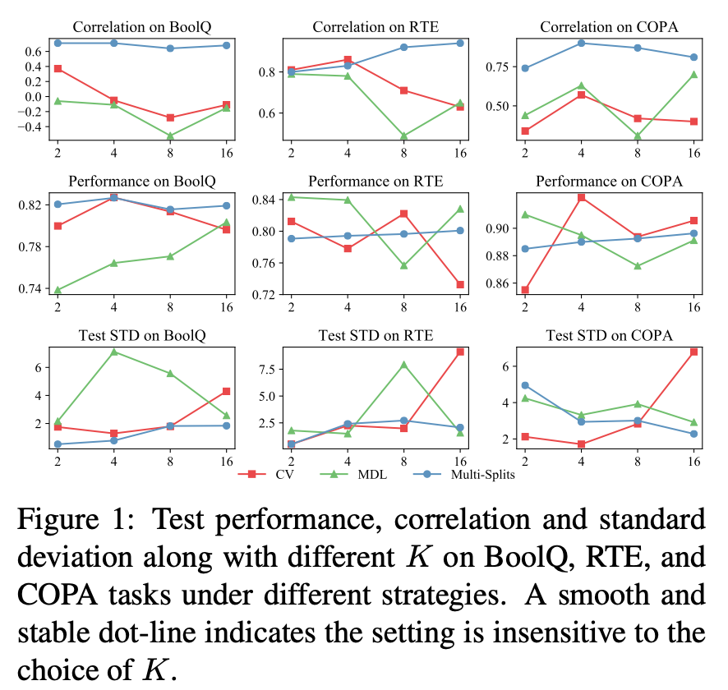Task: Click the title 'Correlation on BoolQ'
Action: tap(142, 27)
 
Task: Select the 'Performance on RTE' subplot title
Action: tap(375, 181)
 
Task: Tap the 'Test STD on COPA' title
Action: tap(609, 335)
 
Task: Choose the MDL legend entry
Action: tap(362, 474)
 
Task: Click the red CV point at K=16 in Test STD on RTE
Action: tap(460, 352)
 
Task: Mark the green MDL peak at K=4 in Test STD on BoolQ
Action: tap(113, 352)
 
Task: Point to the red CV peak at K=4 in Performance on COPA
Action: tap(581, 197)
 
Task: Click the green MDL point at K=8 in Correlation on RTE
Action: tap(403, 136)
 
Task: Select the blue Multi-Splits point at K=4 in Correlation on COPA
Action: tap(581, 43)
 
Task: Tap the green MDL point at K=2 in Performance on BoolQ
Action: tap(58, 289)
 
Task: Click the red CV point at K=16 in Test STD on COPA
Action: tap(693, 352)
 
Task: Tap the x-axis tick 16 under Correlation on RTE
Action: tap(460, 153)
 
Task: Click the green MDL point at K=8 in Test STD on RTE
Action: tap(403, 364)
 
